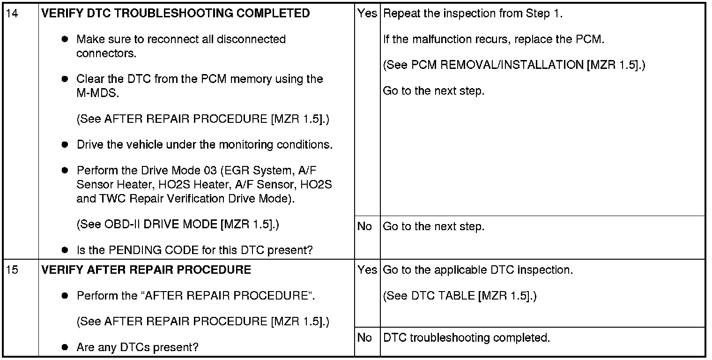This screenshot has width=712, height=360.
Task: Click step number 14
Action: [x=12, y=13]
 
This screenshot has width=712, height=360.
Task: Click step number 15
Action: [x=12, y=270]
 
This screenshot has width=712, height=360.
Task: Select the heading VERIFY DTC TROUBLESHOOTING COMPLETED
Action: [x=176, y=13]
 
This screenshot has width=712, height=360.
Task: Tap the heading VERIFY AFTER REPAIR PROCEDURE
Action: [x=146, y=270]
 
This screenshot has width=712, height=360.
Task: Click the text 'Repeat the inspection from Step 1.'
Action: [x=473, y=13]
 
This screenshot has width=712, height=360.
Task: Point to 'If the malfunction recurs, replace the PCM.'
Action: [x=494, y=39]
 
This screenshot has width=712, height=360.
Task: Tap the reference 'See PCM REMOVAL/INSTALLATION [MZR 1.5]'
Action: [x=514, y=65]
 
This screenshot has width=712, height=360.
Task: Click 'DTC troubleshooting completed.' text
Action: [x=466, y=337]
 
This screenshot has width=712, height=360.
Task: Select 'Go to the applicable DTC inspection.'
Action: [x=478, y=270]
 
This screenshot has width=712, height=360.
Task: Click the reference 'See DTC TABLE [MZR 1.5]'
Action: [x=460, y=296]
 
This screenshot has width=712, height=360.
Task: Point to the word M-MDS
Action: [x=97, y=93]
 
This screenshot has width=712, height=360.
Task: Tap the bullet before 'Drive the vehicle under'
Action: [x=65, y=145]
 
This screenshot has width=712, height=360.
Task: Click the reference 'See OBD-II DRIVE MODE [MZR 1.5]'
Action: [x=178, y=225]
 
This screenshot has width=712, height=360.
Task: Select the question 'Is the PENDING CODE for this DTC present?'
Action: [x=195, y=250]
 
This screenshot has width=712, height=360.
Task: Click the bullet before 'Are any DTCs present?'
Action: [x=65, y=347]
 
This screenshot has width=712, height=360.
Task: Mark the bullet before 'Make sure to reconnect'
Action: [x=65, y=39]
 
